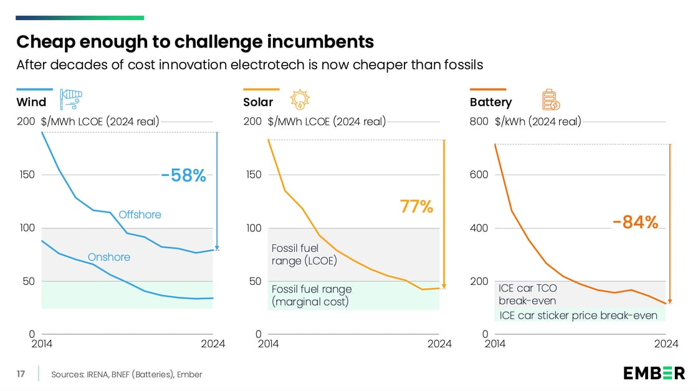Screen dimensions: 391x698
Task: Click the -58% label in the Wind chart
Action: pyautogui.click(x=183, y=176)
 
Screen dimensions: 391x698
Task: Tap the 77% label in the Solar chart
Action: pyautogui.click(x=416, y=206)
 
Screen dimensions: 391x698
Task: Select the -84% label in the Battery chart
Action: pyautogui.click(x=635, y=222)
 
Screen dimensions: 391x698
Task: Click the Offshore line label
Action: pyautogui.click(x=140, y=215)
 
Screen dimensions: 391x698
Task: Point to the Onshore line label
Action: pyautogui.click(x=109, y=257)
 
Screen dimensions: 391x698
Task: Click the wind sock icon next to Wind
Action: pyautogui.click(x=70, y=99)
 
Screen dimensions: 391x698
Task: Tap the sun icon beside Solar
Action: pyautogui.click(x=300, y=99)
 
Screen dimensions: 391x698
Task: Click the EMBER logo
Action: pyautogui.click(x=654, y=373)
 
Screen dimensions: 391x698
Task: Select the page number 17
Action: pyautogui.click(x=21, y=374)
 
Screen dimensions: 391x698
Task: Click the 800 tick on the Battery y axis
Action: pyautogui.click(x=478, y=122)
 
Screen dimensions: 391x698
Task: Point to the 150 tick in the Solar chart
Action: pyautogui.click(x=252, y=175)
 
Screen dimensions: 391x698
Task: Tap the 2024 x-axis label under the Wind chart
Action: pyautogui.click(x=213, y=344)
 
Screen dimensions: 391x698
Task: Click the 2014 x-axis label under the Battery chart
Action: pyautogui.click(x=495, y=344)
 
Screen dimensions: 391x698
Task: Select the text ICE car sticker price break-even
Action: pyautogui.click(x=578, y=316)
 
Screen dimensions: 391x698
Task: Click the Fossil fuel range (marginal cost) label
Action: pyautogui.click(x=312, y=296)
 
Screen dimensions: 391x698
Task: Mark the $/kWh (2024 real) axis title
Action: pyautogui.click(x=538, y=122)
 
